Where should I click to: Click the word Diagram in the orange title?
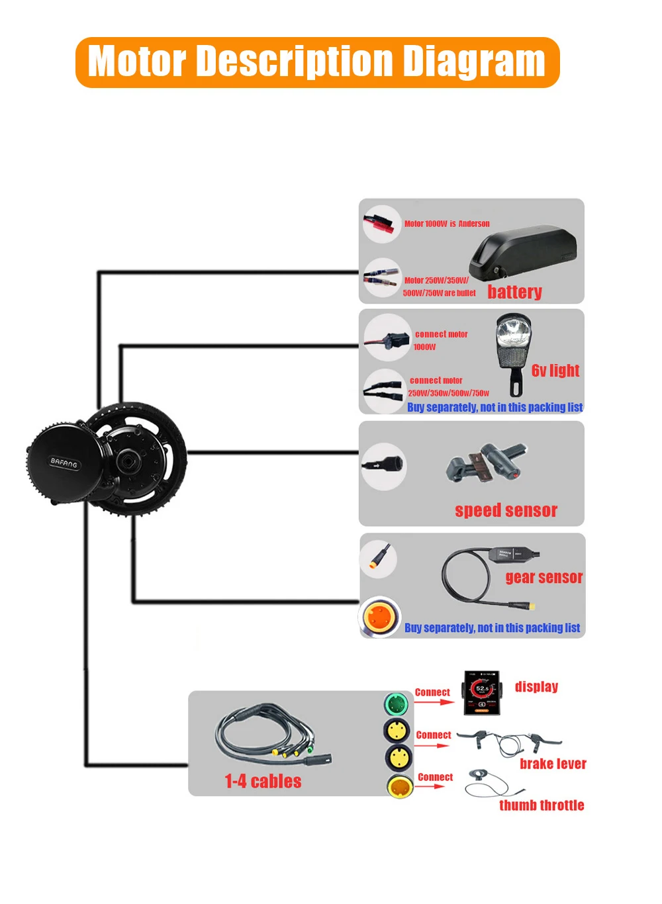tap(473, 62)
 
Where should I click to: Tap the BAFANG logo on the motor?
tap(64, 462)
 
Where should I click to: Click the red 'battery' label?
tap(514, 292)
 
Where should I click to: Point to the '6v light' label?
tap(555, 371)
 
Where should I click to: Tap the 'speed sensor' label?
tap(506, 510)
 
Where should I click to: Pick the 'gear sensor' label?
tap(544, 577)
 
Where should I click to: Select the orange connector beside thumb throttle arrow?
tap(400, 786)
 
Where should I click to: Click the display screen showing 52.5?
tap(481, 692)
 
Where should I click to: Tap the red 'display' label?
tap(536, 686)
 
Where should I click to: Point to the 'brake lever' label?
tap(553, 764)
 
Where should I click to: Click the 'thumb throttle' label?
tap(542, 805)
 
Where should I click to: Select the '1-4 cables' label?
tap(263, 782)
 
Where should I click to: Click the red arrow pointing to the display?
tap(434, 701)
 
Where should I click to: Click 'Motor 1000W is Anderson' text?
tap(447, 224)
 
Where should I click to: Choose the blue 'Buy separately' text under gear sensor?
tap(492, 627)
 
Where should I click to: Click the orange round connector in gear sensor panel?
tap(380, 617)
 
